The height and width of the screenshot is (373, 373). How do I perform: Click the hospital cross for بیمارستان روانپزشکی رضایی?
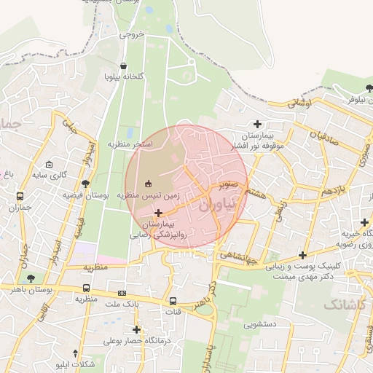click(x=158, y=213)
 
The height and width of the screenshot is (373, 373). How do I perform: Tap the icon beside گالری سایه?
click(x=49, y=164)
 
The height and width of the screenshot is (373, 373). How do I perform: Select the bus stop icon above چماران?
click(x=20, y=196)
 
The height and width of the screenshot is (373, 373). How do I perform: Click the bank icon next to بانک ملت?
click(x=121, y=292)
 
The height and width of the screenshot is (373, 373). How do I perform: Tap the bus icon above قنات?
click(x=173, y=300)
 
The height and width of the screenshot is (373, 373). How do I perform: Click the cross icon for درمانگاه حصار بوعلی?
click(x=136, y=329)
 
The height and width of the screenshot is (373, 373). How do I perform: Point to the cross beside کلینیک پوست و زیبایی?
click(x=302, y=256)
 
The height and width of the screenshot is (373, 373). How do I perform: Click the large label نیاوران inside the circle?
click(x=216, y=206)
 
